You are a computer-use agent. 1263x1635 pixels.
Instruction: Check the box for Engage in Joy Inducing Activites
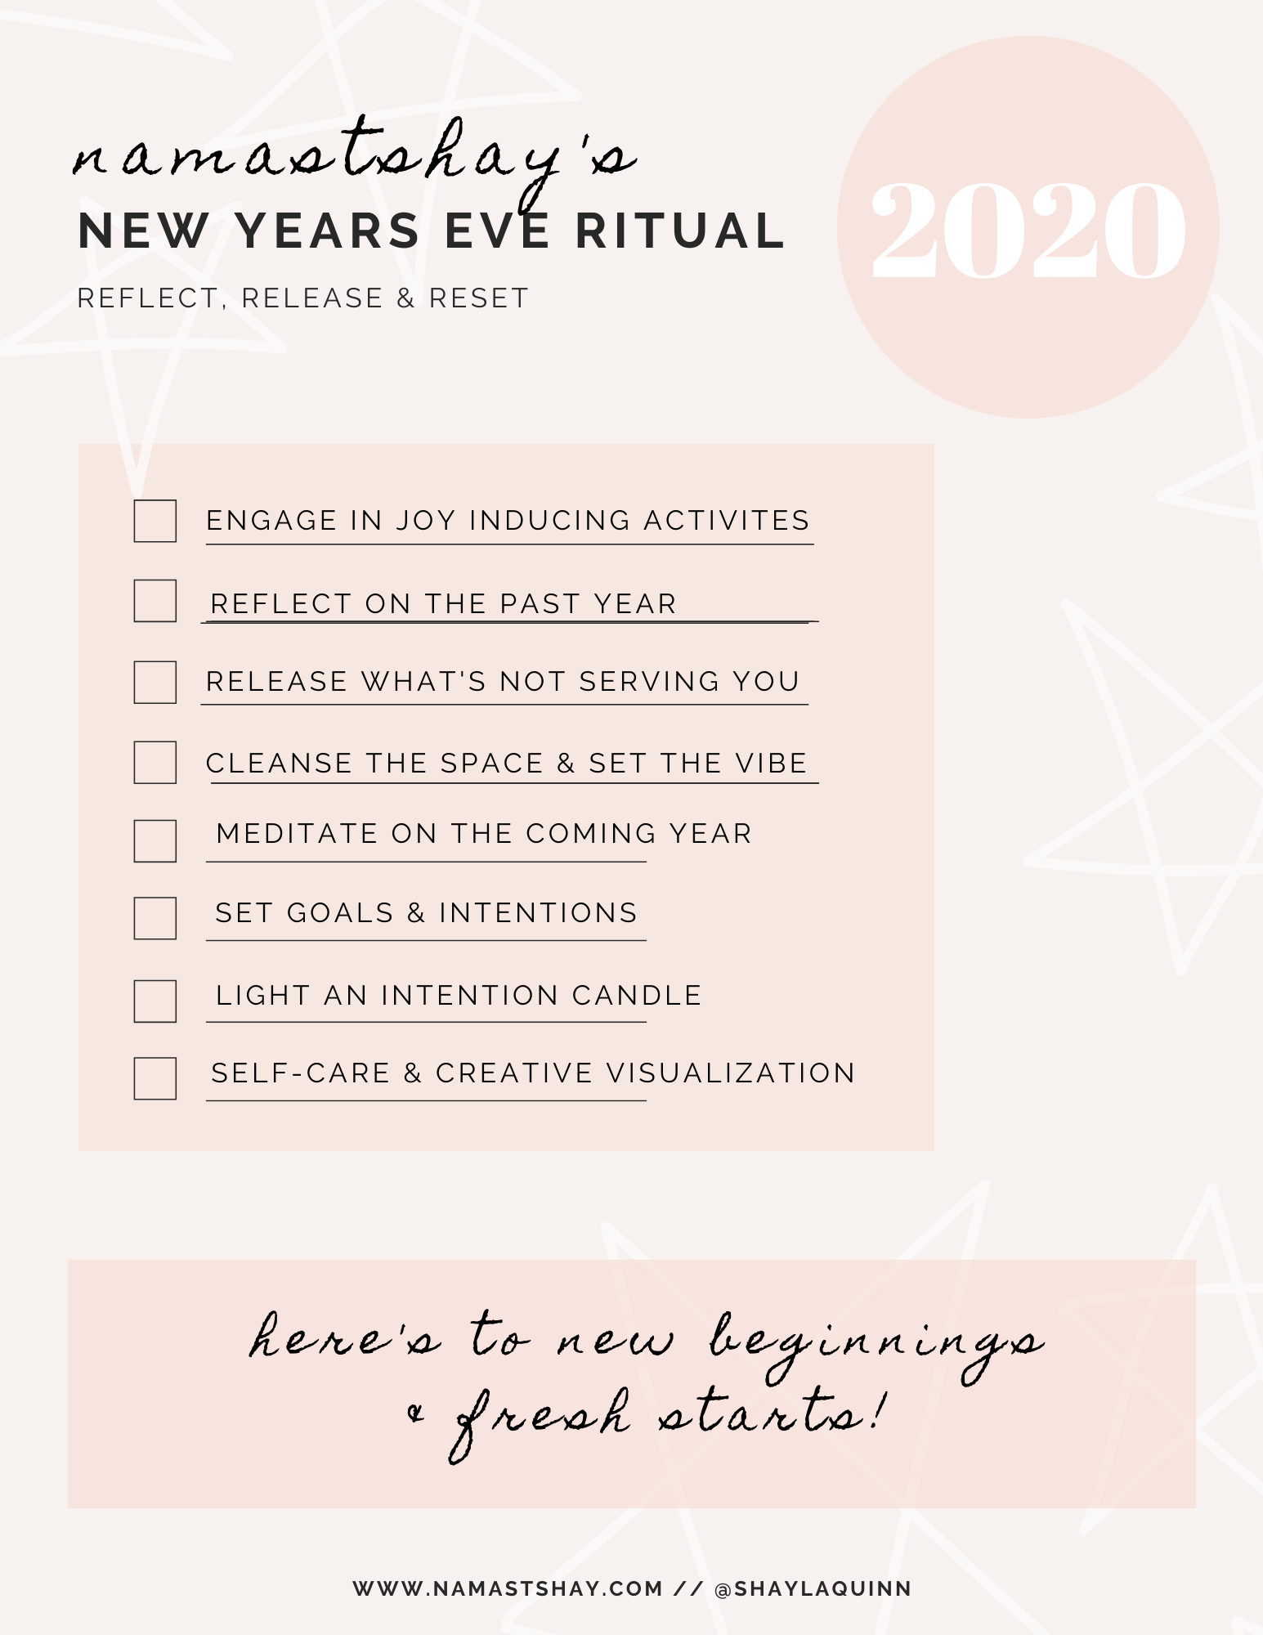[x=155, y=521]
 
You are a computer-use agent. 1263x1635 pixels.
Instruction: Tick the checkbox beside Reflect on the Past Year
[x=155, y=601]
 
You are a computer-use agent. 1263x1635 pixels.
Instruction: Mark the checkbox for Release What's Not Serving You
[x=155, y=683]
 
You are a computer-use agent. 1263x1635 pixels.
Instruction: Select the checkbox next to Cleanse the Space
[x=155, y=763]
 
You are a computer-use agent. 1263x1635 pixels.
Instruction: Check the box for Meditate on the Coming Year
[x=155, y=841]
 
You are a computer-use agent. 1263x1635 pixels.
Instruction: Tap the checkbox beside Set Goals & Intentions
[x=155, y=918]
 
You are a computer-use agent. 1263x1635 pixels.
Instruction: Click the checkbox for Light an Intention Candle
[x=155, y=1001]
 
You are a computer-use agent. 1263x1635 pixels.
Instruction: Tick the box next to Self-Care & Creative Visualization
[x=155, y=1078]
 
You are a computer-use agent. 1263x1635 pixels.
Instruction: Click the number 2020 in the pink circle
[x=1028, y=231]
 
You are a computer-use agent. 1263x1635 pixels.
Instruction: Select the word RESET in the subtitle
[x=479, y=298]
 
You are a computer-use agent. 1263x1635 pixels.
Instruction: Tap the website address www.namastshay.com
[x=508, y=1588]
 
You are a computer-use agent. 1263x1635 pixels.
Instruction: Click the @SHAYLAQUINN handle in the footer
[x=813, y=1588]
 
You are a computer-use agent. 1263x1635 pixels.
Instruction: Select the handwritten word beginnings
[x=876, y=1345]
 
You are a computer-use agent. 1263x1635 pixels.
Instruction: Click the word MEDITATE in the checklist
[x=298, y=833]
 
